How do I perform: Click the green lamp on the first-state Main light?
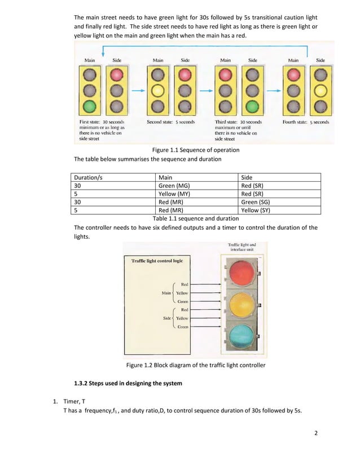90,106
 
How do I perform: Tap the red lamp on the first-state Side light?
117,74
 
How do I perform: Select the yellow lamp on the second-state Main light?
158,90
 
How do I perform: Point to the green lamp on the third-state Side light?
252,106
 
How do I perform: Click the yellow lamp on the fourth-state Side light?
321,90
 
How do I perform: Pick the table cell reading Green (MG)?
175,186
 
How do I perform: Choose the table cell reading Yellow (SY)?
256,210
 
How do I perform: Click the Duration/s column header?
89,177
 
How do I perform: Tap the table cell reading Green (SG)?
256,202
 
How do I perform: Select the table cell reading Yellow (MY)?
175,194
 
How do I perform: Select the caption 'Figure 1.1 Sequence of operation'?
196,150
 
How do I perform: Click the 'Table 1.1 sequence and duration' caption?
196,219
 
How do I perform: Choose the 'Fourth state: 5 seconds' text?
305,122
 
